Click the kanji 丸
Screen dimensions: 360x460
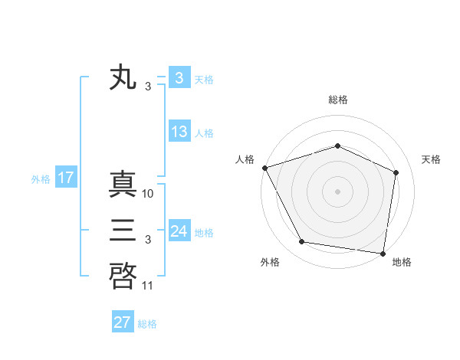point(123,78)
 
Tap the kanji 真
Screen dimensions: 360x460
point(123,185)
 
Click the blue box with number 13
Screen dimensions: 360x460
point(179,132)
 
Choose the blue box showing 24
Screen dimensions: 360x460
point(179,231)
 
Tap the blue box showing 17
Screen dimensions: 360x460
point(66,178)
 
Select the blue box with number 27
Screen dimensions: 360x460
point(123,322)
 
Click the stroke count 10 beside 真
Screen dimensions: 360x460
point(149,194)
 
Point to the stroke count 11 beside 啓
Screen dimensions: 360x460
point(148,286)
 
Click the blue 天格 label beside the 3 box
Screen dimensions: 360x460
point(204,79)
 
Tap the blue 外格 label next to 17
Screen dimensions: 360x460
point(41,179)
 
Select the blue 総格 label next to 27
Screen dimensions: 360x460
point(147,323)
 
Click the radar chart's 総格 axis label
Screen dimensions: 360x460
point(338,100)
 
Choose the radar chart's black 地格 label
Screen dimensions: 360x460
point(402,263)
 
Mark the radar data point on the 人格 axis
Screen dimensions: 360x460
point(264,168)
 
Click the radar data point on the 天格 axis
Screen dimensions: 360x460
point(396,172)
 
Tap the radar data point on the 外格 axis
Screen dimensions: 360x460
point(302,242)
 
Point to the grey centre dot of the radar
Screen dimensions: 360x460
point(338,191)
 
